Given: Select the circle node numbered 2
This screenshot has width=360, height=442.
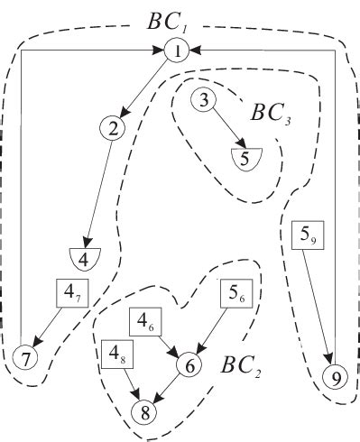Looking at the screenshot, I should pyautogui.click(x=113, y=129).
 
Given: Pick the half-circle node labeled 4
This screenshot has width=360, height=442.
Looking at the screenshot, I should pyautogui.click(x=85, y=257).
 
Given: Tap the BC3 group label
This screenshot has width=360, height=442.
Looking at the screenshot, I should pyautogui.click(x=272, y=115).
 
